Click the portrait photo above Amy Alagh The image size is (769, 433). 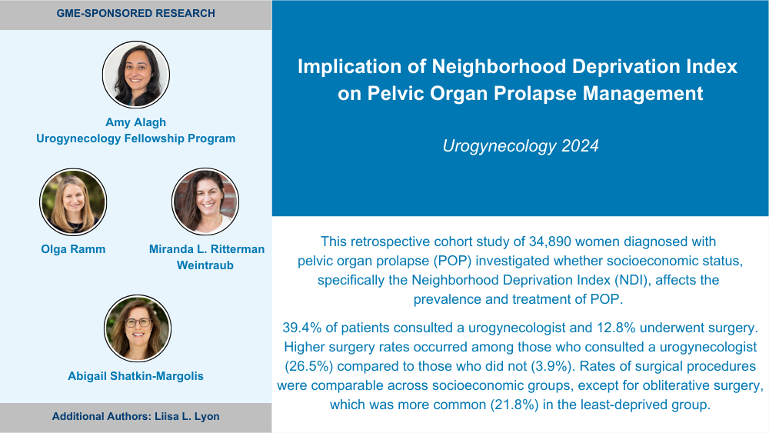[x=136, y=75]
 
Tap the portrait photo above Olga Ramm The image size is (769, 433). [x=73, y=202]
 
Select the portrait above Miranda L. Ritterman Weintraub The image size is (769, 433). [x=205, y=202]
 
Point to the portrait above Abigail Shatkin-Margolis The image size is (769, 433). [x=138, y=328]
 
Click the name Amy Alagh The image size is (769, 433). [x=136, y=122]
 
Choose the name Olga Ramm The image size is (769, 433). [x=73, y=249]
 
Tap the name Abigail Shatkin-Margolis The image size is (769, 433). [x=136, y=376]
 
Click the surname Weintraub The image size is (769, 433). [x=205, y=265]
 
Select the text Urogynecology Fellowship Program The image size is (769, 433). [x=136, y=138]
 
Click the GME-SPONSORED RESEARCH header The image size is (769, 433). [x=136, y=13]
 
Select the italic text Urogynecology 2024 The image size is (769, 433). [x=521, y=145]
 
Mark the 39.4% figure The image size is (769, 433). [x=302, y=328]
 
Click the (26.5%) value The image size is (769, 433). [x=309, y=366]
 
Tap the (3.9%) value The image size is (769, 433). [x=551, y=366]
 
